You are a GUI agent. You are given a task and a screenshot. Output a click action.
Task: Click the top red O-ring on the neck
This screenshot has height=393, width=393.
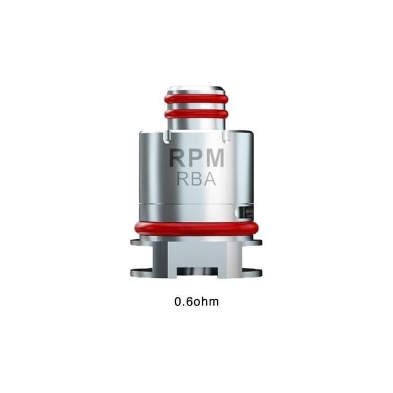point(195,99)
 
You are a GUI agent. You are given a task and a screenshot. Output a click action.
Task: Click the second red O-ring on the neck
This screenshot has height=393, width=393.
point(195,114)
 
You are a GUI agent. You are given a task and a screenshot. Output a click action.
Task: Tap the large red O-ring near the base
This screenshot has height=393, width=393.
point(196,228)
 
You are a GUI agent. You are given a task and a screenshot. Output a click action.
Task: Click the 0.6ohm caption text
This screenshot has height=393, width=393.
point(197,302)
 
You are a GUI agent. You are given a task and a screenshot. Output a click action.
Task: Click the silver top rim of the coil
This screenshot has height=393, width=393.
point(195,89)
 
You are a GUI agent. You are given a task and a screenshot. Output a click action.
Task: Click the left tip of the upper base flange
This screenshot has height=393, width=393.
point(133,242)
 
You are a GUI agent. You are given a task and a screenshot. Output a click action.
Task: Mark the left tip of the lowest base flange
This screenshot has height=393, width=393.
point(133,273)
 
